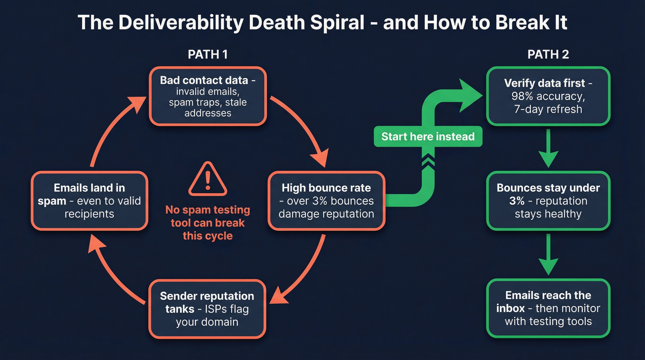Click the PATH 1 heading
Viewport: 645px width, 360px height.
tap(207, 54)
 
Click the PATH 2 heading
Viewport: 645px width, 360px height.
tap(548, 54)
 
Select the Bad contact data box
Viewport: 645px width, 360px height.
tap(207, 96)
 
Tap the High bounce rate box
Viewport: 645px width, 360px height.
tap(326, 201)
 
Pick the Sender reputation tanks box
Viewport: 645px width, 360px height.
tap(207, 308)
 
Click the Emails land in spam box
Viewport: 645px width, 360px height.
tap(89, 201)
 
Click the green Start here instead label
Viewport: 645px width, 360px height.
tap(428, 136)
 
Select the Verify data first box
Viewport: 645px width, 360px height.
tap(548, 96)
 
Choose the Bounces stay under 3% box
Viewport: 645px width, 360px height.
tap(548, 201)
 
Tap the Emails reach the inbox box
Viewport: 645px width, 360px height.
tap(548, 308)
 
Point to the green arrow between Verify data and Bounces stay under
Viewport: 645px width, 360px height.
tap(548, 148)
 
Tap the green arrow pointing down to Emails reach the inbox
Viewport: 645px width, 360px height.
tap(548, 254)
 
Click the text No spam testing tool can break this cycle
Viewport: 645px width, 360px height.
tap(207, 223)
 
